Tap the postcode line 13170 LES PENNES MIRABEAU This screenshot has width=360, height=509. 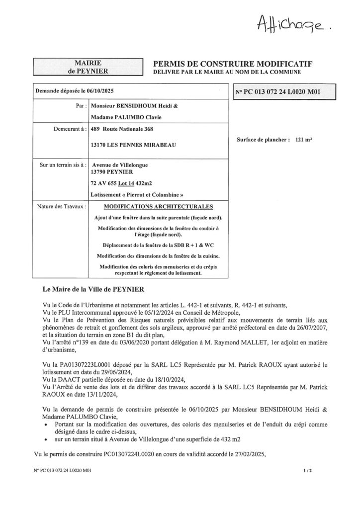click(129, 146)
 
